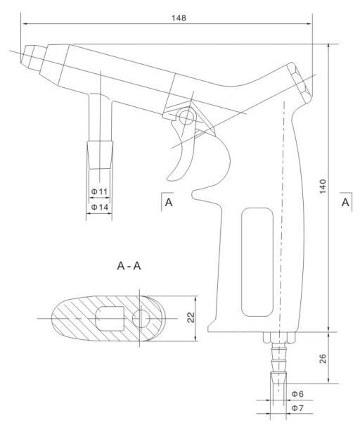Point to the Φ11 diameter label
pos(98,191)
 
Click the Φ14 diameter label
pos(98,208)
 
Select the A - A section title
pos(133,267)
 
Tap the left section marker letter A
pos(168,203)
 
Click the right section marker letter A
pos(346,202)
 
